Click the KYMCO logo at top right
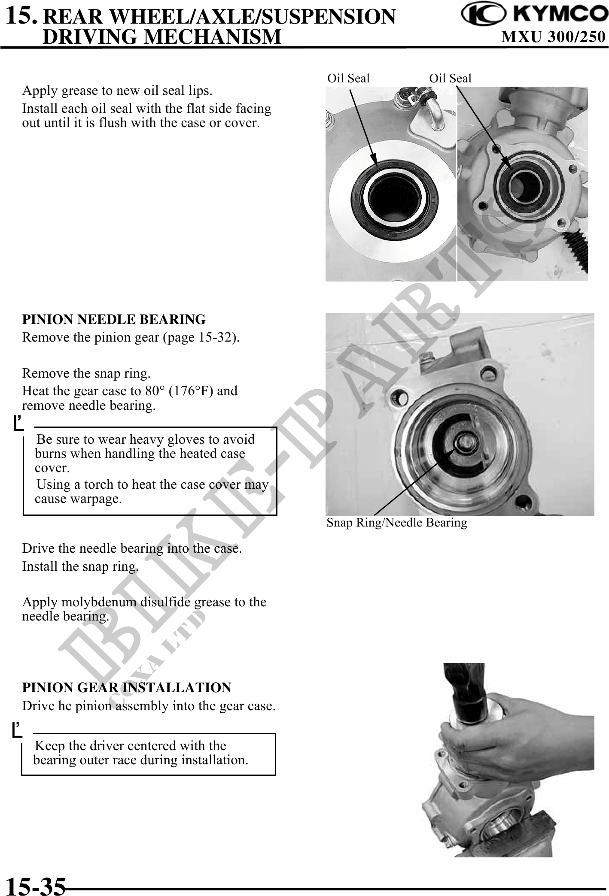tap(534, 15)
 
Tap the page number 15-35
tap(36, 885)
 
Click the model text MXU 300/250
tap(553, 37)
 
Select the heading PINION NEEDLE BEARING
tap(114, 320)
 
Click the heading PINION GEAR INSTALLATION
tap(127, 687)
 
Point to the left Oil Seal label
tap(348, 79)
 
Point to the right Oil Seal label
tap(450, 79)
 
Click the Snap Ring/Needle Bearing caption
tap(397, 523)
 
